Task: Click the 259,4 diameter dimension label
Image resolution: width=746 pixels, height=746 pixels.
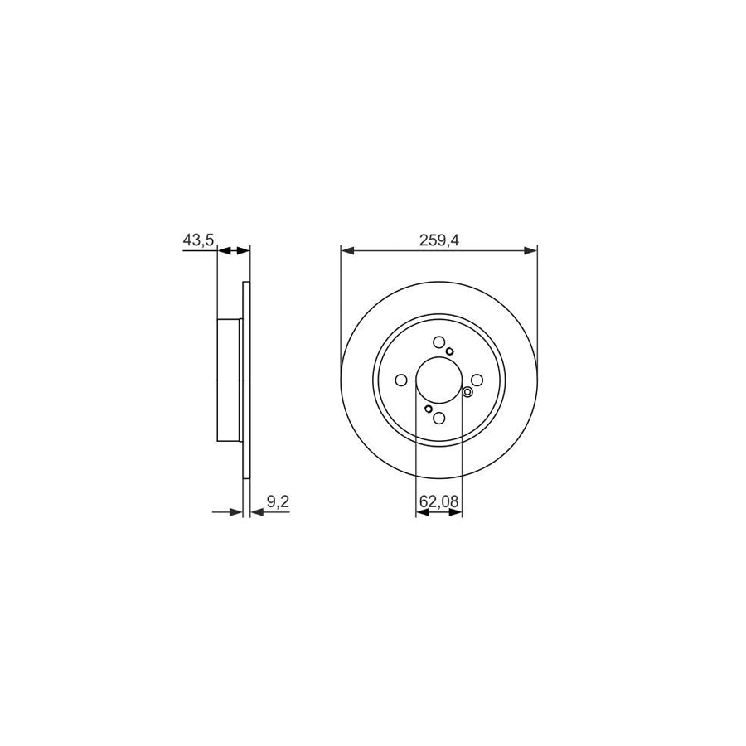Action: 439,240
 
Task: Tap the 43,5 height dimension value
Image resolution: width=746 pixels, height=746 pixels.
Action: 199,240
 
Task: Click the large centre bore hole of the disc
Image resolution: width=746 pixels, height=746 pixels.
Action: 438,380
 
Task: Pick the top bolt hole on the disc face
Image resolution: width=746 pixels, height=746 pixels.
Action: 438,342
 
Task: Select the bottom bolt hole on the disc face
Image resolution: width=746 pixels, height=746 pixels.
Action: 438,419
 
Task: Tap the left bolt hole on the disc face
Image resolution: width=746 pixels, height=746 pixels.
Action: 401,380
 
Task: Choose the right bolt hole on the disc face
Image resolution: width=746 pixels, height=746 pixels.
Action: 477,380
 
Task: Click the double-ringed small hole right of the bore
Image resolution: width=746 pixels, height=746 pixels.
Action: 467,393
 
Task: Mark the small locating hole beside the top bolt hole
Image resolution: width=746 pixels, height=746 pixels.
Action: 450,351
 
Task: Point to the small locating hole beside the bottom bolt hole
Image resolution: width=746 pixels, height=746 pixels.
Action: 428,409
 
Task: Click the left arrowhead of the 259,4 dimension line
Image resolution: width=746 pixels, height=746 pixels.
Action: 347,249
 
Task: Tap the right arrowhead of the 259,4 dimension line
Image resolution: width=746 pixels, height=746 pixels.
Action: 530,249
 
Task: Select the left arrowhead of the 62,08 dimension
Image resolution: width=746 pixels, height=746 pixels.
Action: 421,513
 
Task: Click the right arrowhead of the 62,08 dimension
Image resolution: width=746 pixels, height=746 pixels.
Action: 456,513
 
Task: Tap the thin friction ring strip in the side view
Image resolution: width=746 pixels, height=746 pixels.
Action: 245,380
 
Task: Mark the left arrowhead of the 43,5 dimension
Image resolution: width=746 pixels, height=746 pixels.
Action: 223,249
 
